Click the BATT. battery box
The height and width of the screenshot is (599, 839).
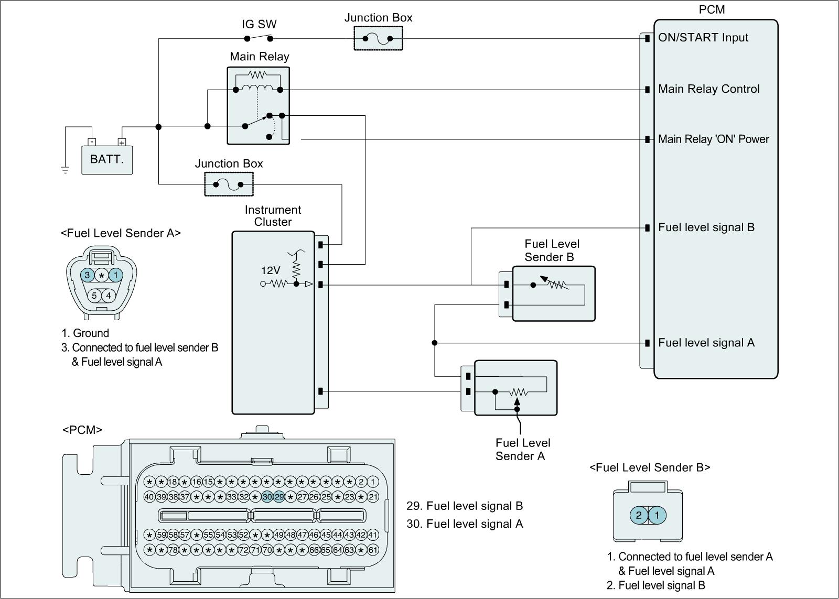coord(107,159)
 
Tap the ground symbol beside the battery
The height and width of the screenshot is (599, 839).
coord(65,169)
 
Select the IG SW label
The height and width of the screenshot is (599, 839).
coord(259,24)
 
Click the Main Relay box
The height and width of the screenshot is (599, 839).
coord(258,105)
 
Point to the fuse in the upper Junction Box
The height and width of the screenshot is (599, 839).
coord(378,38)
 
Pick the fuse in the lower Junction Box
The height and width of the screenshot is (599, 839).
coord(229,184)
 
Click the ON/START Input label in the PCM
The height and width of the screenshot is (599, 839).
coord(703,38)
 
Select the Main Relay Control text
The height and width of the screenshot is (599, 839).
coord(708,89)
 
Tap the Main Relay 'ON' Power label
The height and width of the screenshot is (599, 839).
coord(713,139)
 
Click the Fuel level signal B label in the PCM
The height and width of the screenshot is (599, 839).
coord(706,227)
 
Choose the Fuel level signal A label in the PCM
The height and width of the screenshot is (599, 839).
coord(706,343)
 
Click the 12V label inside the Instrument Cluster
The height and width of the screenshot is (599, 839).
coord(271,270)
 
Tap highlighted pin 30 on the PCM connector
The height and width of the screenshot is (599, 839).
coord(267,497)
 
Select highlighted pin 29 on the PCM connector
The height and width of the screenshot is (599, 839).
coord(279,497)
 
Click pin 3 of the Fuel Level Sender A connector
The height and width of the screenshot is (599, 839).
coord(88,275)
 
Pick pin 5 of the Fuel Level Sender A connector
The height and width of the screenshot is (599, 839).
coord(94,296)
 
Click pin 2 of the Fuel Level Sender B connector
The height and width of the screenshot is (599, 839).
coord(639,515)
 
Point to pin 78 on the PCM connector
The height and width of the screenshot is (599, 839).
coord(173,550)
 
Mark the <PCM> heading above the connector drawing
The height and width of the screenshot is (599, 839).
coord(82,430)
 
